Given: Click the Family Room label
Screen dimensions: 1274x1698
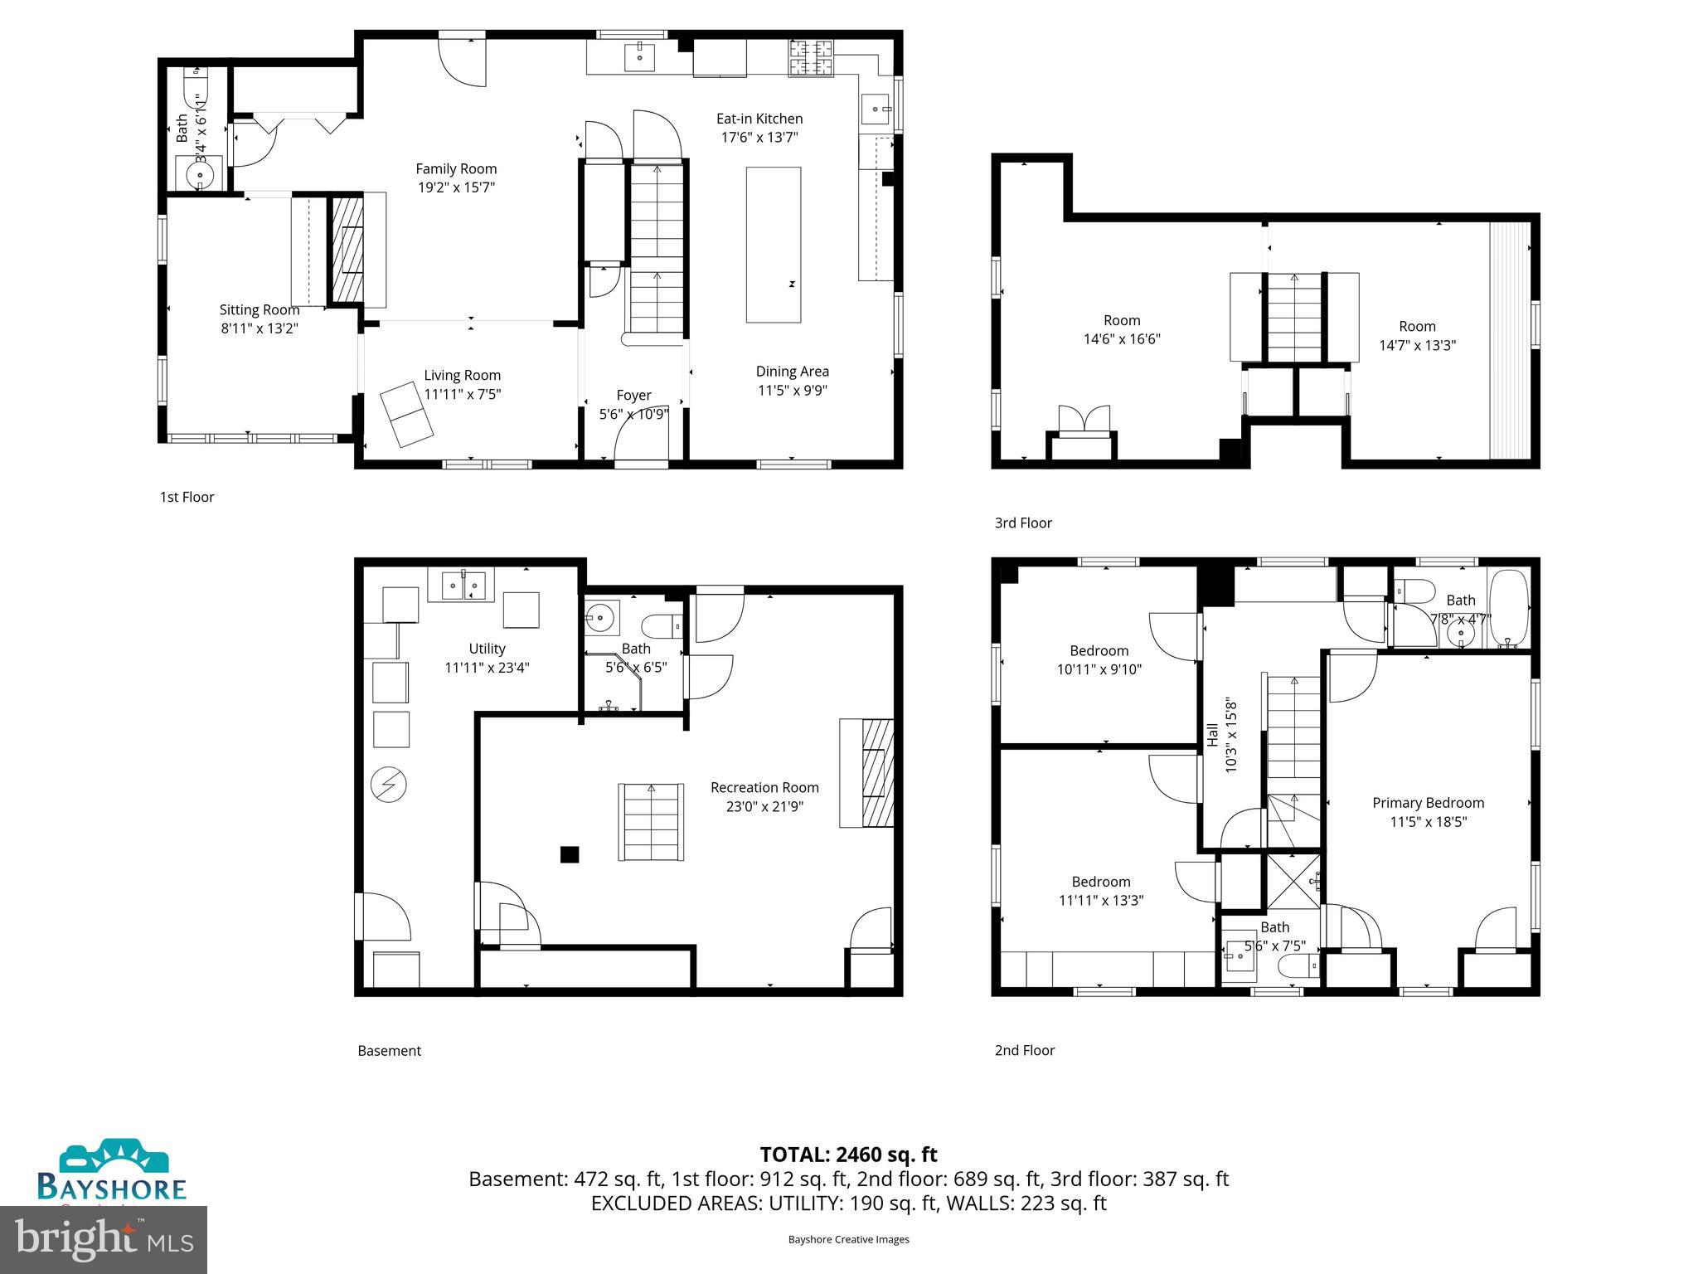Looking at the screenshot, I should coord(456,169).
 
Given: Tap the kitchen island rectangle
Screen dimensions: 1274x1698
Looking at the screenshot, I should coord(773,245).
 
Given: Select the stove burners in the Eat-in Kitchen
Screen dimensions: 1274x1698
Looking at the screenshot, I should coord(811,57).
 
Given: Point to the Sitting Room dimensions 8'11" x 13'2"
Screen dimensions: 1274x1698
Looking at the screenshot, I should coord(259,328).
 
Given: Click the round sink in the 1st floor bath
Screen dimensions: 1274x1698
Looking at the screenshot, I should coord(200,175).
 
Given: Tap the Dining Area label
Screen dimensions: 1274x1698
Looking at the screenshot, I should coord(792,372).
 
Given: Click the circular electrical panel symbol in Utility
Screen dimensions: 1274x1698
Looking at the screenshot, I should coord(388,785).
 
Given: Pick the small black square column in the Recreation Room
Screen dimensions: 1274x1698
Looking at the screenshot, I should coord(569,854).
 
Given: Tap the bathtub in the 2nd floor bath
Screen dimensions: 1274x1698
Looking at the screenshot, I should coord(1508,609).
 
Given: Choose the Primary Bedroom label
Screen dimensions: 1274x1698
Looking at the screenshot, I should coord(1428,803).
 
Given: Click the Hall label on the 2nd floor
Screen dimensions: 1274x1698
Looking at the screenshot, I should coord(1212,735).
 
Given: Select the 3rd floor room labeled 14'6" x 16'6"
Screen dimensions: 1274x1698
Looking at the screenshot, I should coord(1121,329).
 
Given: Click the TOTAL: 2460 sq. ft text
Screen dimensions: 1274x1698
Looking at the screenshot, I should coord(848,1155).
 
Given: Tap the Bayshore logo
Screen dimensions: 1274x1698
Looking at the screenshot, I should coord(112,1171).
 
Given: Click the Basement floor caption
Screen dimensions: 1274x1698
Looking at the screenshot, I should coord(389,1051).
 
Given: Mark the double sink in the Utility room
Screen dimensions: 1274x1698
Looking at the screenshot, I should coord(462,585).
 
